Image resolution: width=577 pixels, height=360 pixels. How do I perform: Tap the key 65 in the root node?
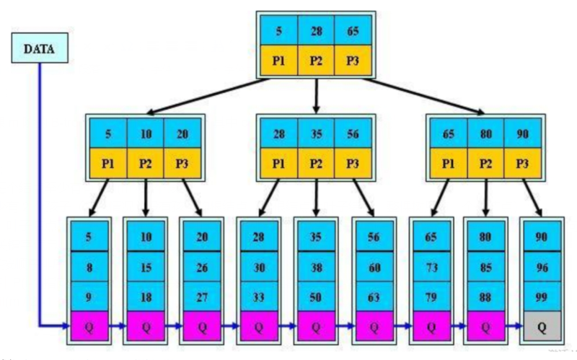tap(353, 32)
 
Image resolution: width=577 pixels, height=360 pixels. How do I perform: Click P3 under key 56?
tap(352, 163)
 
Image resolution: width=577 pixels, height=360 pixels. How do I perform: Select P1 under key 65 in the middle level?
tap(449, 163)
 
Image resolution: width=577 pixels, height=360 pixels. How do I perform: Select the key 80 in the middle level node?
tap(485, 133)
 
